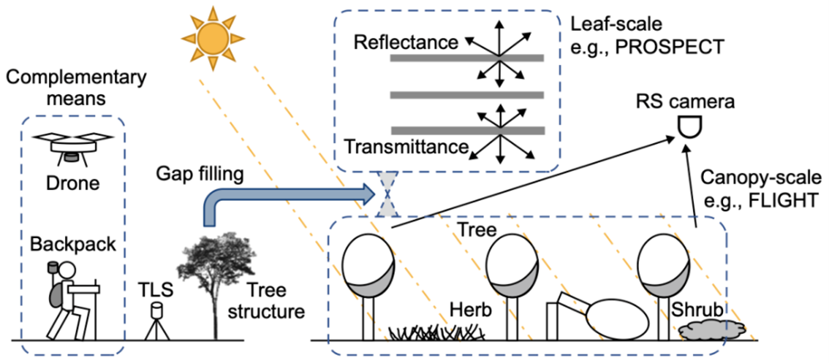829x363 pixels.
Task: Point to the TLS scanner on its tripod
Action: [x=155, y=320]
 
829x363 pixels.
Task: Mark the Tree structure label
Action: [x=272, y=302]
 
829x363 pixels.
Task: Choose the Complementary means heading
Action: [x=62, y=89]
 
